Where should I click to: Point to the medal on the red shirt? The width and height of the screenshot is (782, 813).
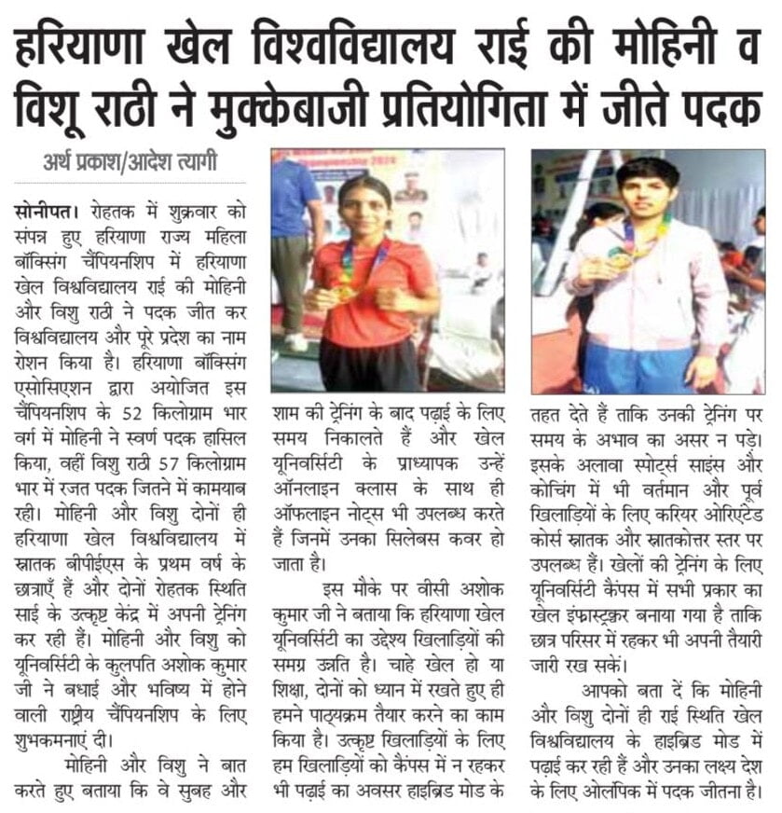[x=347, y=292]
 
